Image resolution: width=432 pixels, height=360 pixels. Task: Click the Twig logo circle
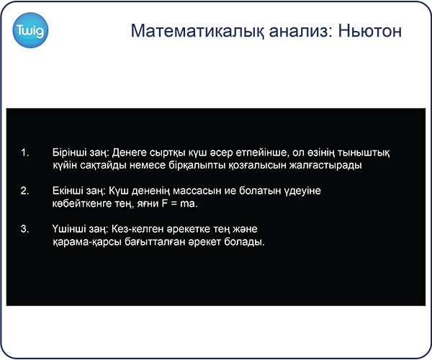[30, 30]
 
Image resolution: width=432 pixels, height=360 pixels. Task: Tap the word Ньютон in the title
[370, 30]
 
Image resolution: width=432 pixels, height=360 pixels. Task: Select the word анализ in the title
[301, 31]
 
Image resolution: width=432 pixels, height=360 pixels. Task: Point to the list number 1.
[24, 153]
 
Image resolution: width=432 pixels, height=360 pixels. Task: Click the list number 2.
[24, 191]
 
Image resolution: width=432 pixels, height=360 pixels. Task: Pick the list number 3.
[24, 229]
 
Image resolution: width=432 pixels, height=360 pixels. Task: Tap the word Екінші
[67, 191]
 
